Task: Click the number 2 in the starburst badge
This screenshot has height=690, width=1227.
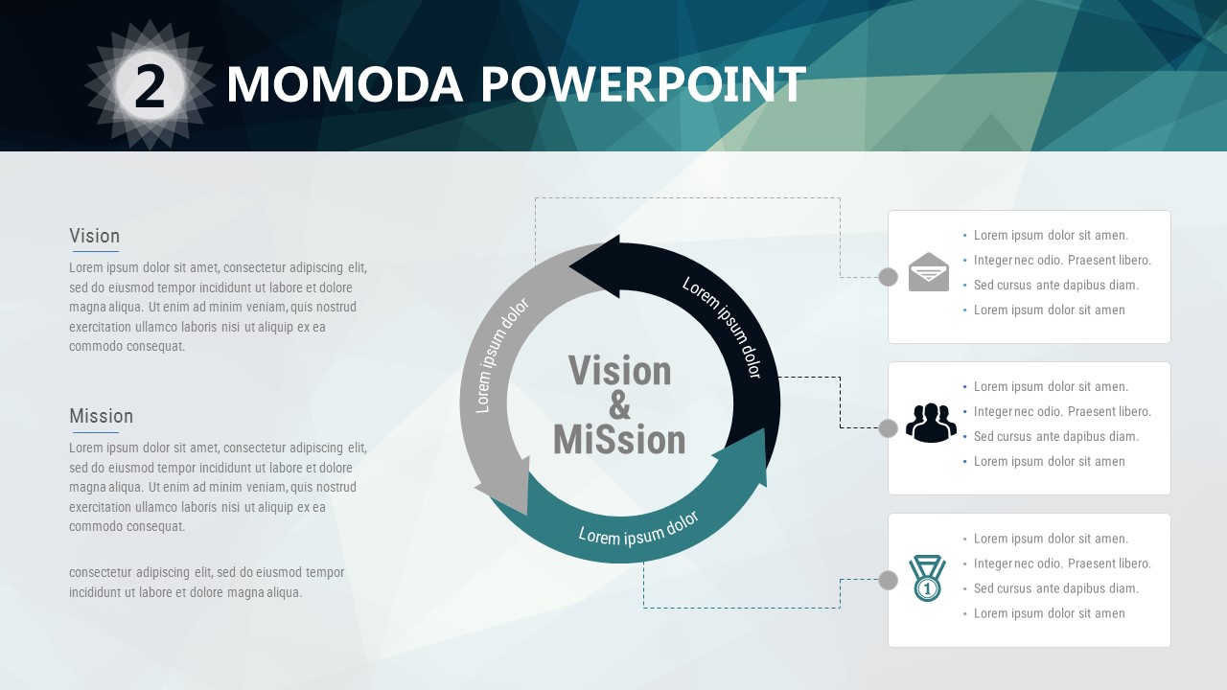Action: point(150,86)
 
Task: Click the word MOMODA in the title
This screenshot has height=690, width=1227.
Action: point(345,84)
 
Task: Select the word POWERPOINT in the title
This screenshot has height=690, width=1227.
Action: point(643,84)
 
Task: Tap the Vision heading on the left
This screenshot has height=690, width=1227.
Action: point(94,236)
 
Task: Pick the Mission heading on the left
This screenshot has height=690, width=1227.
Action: point(102,416)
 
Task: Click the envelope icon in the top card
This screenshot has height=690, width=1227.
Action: point(929,271)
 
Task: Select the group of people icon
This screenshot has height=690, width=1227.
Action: point(931,423)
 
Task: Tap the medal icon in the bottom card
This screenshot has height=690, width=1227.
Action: point(927,578)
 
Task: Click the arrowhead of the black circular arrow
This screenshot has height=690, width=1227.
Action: point(597,266)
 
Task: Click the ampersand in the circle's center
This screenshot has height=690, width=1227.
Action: point(619,405)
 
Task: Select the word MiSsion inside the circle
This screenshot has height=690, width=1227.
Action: point(619,440)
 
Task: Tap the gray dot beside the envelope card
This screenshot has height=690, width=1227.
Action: point(888,277)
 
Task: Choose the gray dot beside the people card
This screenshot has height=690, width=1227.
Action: point(888,428)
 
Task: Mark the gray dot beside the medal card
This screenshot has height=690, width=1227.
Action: point(888,580)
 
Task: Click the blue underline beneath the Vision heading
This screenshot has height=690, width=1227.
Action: point(96,252)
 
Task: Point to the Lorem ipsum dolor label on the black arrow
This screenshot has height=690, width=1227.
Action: point(722,327)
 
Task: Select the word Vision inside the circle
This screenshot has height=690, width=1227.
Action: point(619,371)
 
